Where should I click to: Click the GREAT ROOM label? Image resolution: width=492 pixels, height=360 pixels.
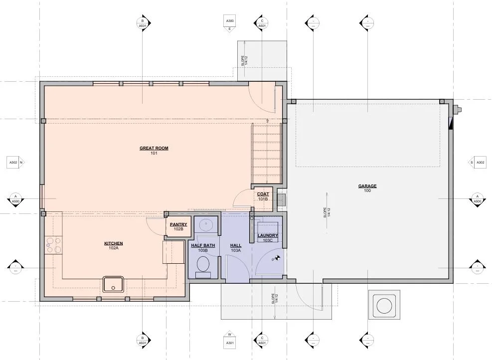point(154,148)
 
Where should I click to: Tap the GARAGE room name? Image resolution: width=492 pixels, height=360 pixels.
point(367,186)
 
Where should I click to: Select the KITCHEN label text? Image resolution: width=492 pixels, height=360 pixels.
point(113,243)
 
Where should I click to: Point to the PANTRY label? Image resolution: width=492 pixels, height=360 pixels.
point(178,224)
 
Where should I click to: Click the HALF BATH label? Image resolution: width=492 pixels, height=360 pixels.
point(203,245)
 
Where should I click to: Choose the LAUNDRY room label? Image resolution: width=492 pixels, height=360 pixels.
point(268,235)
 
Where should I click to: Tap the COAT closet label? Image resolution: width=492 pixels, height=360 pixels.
point(263,194)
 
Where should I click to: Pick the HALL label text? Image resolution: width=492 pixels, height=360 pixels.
point(236,245)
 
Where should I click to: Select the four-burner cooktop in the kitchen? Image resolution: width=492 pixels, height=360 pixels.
point(53,245)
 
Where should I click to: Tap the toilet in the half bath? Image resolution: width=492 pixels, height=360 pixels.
point(203,267)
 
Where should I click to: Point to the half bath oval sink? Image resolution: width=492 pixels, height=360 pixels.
point(206,225)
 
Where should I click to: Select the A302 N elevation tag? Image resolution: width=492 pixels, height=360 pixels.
point(16,162)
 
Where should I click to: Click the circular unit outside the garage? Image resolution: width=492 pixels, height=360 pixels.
point(384,305)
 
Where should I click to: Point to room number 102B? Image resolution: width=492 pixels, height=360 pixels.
point(178,229)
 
